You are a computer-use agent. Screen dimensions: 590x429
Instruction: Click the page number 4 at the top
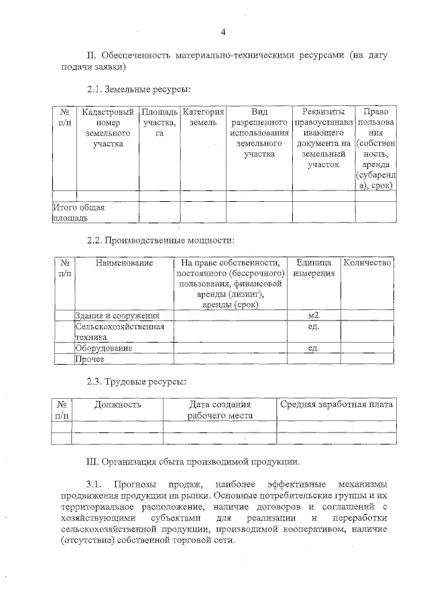coord(224,32)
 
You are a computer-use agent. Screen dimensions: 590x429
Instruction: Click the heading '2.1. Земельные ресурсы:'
coord(138,88)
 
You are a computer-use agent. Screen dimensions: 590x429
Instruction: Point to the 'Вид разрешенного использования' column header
coord(259,133)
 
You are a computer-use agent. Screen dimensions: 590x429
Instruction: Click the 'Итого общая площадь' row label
coord(78,213)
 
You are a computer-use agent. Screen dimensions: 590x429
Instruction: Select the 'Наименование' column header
coord(124,263)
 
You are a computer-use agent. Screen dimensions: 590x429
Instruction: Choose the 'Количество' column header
coord(367,263)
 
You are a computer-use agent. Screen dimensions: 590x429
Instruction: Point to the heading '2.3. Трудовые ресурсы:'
coord(136,381)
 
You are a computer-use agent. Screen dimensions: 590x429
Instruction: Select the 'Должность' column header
coord(117,404)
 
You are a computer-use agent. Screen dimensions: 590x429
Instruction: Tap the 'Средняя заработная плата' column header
coord(336,404)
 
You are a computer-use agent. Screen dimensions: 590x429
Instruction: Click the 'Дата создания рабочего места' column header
coord(220,410)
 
